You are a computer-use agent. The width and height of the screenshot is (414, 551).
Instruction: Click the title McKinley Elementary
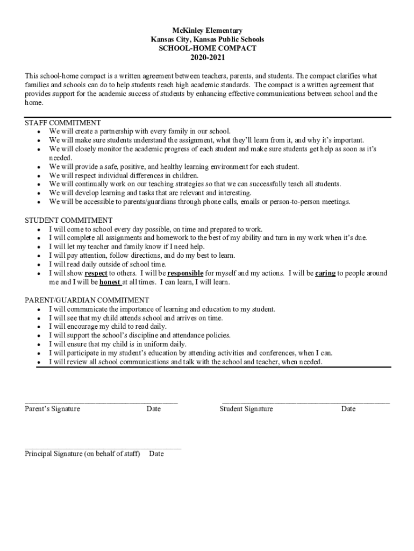pyautogui.click(x=207, y=31)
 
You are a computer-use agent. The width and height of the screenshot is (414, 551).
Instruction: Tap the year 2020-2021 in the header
pyautogui.click(x=207, y=57)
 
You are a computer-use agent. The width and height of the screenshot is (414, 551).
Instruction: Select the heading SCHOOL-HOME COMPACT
pyautogui.click(x=207, y=48)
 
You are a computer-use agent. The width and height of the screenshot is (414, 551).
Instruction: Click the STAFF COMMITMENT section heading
pyautogui.click(x=63, y=123)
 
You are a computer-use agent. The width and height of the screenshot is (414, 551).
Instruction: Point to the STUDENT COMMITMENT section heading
pyautogui.click(x=69, y=220)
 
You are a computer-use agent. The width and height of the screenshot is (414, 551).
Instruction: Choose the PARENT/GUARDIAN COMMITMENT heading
pyautogui.click(x=87, y=300)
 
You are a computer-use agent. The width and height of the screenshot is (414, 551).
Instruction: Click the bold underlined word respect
pyautogui.click(x=96, y=273)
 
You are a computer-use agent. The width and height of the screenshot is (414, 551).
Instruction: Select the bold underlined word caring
pyautogui.click(x=325, y=273)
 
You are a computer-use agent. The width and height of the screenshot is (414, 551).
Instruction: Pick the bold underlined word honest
pyautogui.click(x=110, y=282)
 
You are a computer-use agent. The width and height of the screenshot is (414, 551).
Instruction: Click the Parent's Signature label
pyautogui.click(x=52, y=409)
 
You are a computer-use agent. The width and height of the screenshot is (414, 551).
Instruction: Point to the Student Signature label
pyautogui.click(x=246, y=409)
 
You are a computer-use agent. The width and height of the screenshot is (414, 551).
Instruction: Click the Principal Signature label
pyautogui.click(x=82, y=454)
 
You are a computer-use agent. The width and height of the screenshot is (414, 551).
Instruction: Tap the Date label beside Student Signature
pyautogui.click(x=348, y=409)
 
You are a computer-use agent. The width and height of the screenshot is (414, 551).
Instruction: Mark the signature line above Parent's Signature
pyautogui.click(x=101, y=402)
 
